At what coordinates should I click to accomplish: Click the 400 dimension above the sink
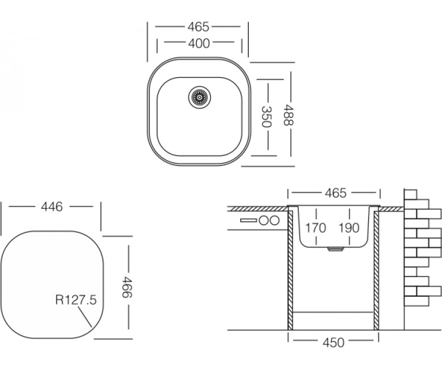(x=199, y=43)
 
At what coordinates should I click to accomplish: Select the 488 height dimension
(x=288, y=115)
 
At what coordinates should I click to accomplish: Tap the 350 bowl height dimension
(x=266, y=116)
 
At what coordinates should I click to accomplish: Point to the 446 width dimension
(x=52, y=207)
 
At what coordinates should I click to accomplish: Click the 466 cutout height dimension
(x=127, y=287)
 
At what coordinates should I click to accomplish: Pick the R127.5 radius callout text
(x=76, y=300)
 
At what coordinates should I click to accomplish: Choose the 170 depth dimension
(x=316, y=228)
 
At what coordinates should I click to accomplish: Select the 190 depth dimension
(x=349, y=228)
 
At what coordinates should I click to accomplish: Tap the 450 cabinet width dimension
(x=333, y=342)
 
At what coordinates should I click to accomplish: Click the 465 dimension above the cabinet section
(x=335, y=193)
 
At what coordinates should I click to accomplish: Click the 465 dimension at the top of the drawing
(x=198, y=27)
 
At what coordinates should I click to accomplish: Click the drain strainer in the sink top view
(x=199, y=97)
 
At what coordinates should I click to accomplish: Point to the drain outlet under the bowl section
(x=335, y=249)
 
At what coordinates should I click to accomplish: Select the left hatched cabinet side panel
(x=290, y=270)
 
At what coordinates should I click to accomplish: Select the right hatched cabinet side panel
(x=376, y=270)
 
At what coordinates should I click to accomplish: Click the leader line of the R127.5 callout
(x=84, y=317)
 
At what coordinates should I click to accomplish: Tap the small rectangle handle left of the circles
(x=248, y=220)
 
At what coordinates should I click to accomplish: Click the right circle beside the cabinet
(x=274, y=220)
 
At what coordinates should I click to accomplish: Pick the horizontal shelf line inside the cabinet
(x=333, y=312)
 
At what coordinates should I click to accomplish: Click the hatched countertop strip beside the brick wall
(x=391, y=209)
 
